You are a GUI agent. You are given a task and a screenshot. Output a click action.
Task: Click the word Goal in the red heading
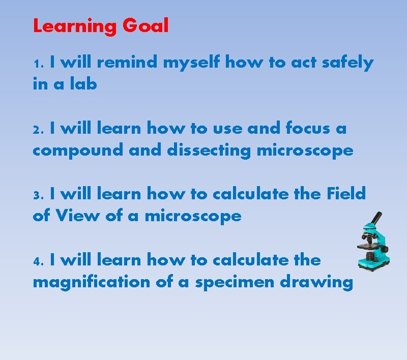click(145, 25)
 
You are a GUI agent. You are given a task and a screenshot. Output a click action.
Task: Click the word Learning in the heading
click(75, 25)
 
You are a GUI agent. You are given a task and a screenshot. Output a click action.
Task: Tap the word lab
click(83, 84)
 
